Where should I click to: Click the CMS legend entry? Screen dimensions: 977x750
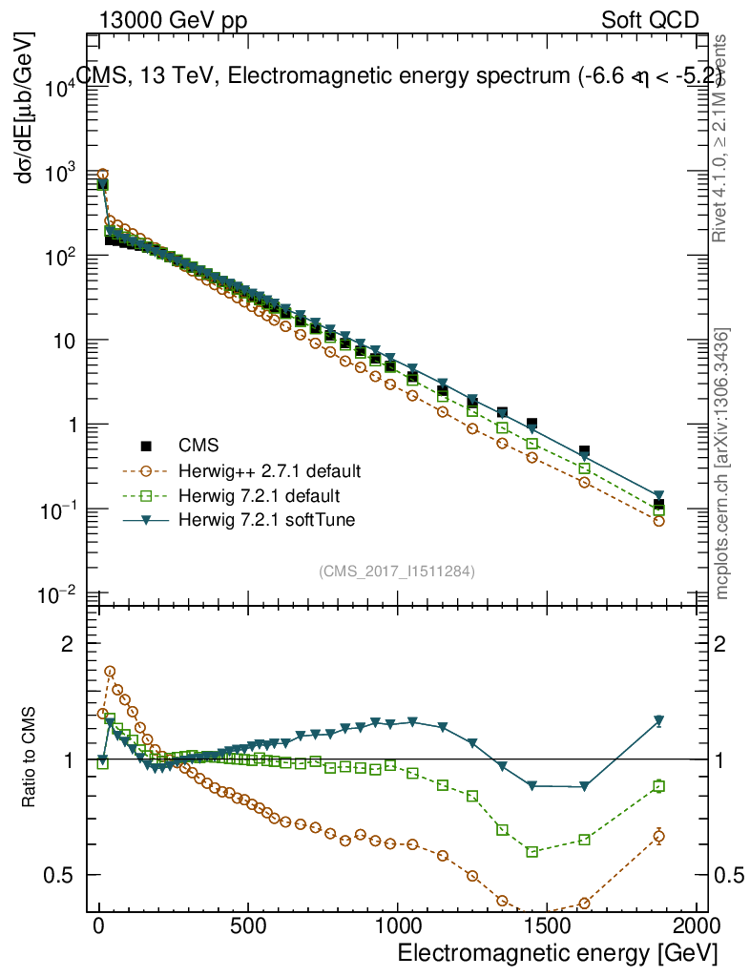point(198,446)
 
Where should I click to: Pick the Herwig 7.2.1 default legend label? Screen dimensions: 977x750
point(261,496)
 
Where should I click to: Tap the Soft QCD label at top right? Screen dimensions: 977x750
point(650,20)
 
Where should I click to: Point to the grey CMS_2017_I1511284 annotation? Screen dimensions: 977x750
point(397,571)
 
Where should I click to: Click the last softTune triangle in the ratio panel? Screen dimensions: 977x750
point(658,720)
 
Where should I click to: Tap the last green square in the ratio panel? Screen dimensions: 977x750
point(658,786)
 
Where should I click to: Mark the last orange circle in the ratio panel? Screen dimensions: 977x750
point(658,836)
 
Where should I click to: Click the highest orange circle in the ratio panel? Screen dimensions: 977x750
point(110,672)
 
